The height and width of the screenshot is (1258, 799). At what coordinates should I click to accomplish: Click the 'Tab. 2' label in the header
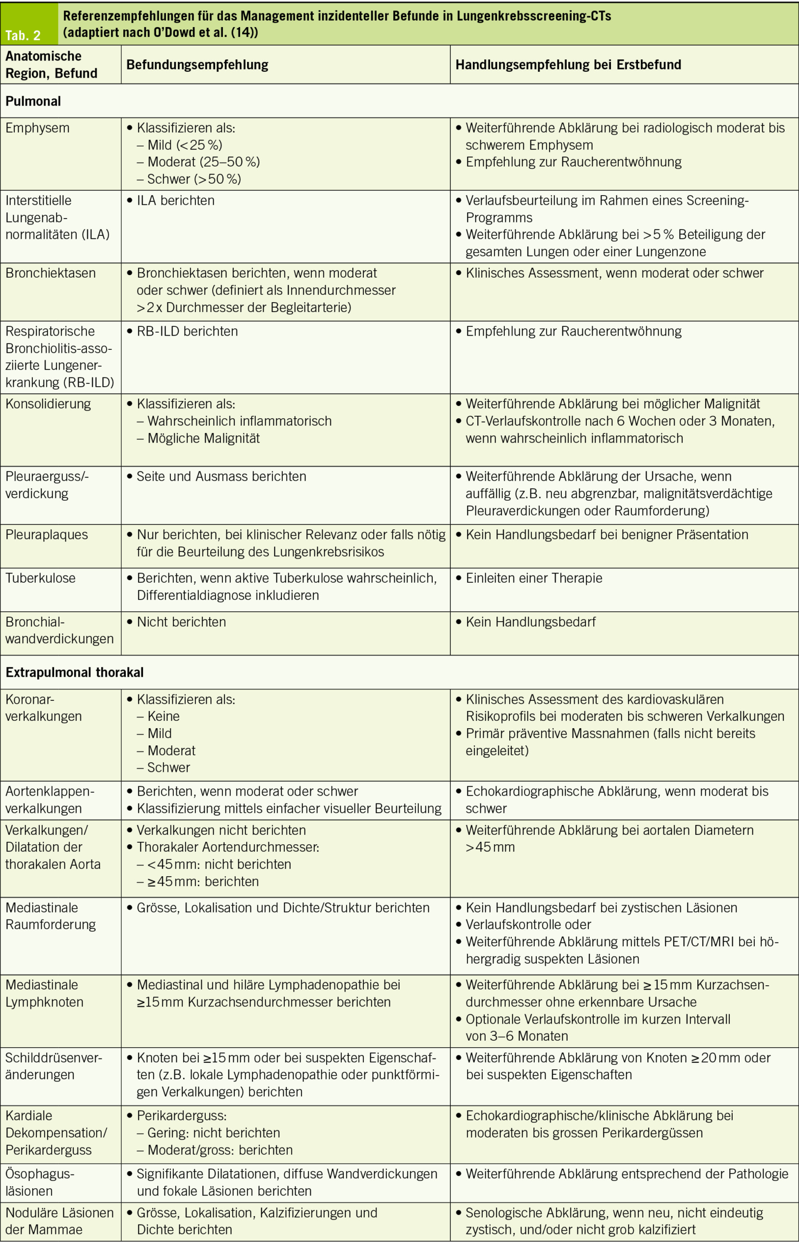pyautogui.click(x=23, y=35)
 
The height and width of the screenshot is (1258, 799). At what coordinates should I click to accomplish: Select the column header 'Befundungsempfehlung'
pyautogui.click(x=197, y=65)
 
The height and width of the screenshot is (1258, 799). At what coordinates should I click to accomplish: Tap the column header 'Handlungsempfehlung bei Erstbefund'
pyautogui.click(x=568, y=65)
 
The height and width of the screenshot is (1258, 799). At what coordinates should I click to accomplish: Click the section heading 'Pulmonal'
pyautogui.click(x=33, y=101)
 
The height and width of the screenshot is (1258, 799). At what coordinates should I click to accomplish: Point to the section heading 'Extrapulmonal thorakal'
pyautogui.click(x=74, y=672)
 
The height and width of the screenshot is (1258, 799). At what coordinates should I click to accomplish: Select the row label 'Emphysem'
pyautogui.click(x=37, y=128)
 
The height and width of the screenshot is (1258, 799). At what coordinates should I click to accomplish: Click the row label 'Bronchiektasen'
pyautogui.click(x=51, y=273)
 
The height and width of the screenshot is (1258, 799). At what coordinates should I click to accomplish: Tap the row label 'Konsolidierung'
pyautogui.click(x=48, y=404)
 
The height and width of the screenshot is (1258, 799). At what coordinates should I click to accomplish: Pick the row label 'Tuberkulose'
pyautogui.click(x=40, y=578)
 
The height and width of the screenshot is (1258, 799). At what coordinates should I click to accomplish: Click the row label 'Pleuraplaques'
pyautogui.click(x=47, y=535)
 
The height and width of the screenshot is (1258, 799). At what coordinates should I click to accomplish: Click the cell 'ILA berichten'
pyautogui.click(x=175, y=200)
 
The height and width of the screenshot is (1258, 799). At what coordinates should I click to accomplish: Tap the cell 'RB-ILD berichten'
pyautogui.click(x=187, y=331)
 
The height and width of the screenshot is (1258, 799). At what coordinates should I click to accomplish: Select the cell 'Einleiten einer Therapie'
pyautogui.click(x=533, y=578)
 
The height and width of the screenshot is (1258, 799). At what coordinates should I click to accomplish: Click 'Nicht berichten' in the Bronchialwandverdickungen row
pyautogui.click(x=181, y=622)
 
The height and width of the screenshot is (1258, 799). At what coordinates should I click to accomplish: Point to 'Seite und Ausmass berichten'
pyautogui.click(x=221, y=477)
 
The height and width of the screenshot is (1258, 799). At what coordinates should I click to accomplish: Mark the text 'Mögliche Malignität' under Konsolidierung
pyautogui.click(x=203, y=438)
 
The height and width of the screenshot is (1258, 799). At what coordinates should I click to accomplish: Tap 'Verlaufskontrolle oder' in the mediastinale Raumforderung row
pyautogui.click(x=527, y=924)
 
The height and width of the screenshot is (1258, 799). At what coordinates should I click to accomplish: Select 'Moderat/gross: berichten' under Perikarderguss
pyautogui.click(x=220, y=1150)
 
